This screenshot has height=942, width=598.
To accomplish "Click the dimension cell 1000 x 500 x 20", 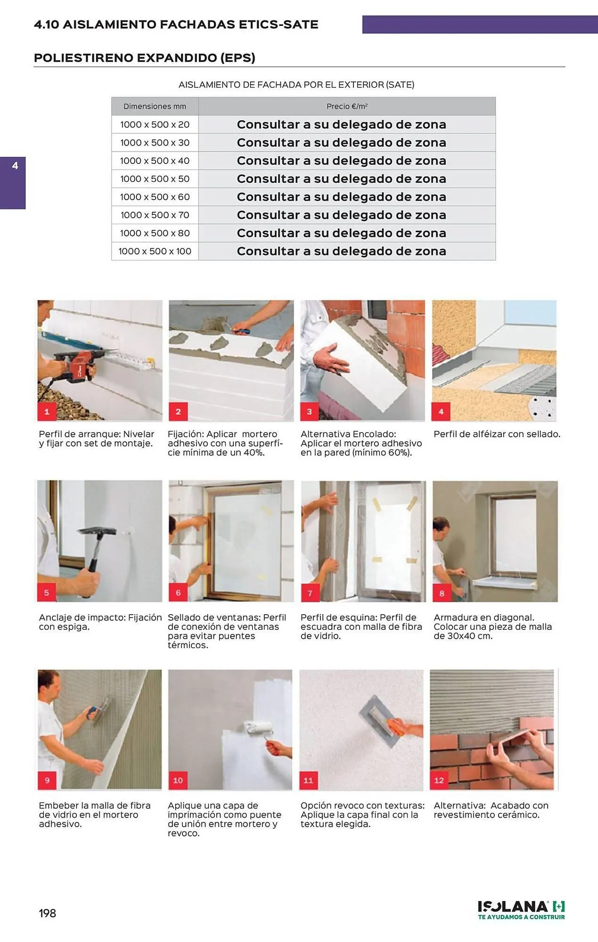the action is coord(155,125).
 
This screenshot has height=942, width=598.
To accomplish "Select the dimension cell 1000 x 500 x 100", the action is coord(155,252).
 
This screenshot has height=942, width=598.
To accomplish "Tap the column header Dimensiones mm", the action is coord(155,106).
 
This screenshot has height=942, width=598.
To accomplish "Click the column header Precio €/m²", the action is coord(347,106).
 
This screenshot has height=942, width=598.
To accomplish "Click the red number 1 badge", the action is coord(47,411).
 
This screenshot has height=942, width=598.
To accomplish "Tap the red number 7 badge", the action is coord(310,593).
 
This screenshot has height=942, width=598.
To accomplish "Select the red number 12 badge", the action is coord(439,780).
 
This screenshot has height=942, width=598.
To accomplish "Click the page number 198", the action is coord(47,913).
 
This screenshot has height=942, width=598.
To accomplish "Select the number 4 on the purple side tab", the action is coord(15,166).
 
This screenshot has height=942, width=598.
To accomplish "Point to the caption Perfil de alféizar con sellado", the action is coord(497,434).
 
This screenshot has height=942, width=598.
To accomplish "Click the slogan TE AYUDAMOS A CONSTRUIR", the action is coord(521,917).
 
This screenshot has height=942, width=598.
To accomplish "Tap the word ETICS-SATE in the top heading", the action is coord(279,24).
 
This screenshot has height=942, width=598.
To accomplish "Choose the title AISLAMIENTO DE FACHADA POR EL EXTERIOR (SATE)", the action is coord(296,85).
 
